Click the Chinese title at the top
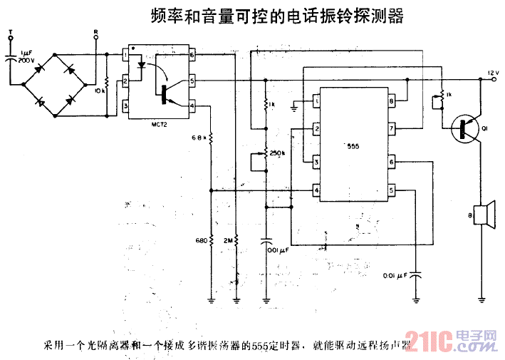[x=278, y=16]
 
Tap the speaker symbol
[x=484, y=214]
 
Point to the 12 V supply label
[x=494, y=72]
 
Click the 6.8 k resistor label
[x=199, y=137]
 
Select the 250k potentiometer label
[x=278, y=152]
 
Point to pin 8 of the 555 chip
[x=391, y=102]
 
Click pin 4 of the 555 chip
[x=315, y=190]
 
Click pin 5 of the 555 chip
[x=391, y=190]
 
